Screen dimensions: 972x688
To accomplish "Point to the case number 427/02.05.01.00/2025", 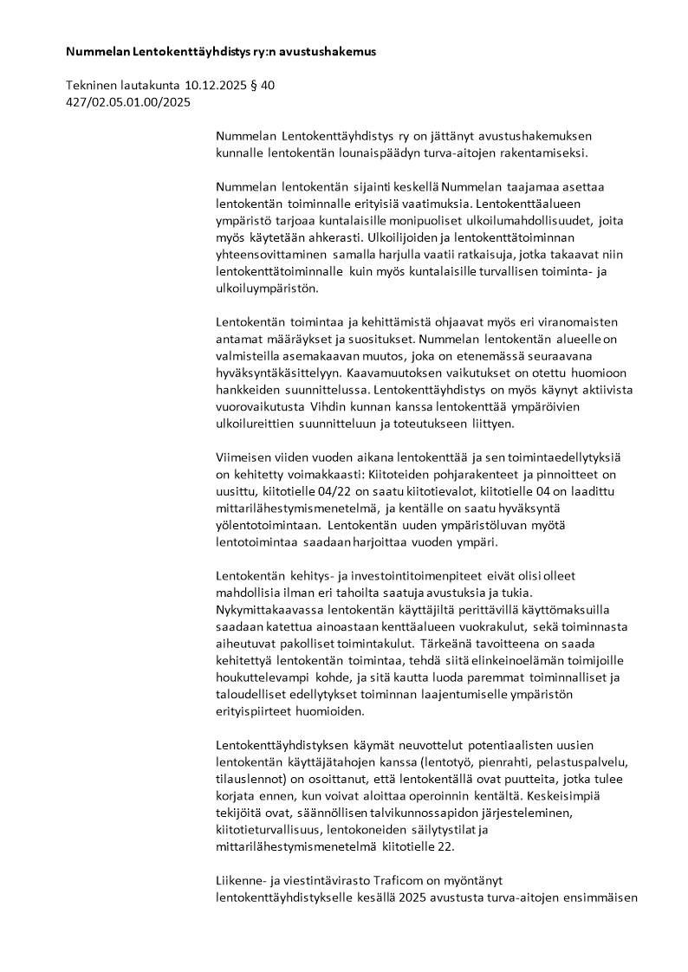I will click(x=127, y=102).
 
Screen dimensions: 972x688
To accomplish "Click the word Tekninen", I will click(x=92, y=86).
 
